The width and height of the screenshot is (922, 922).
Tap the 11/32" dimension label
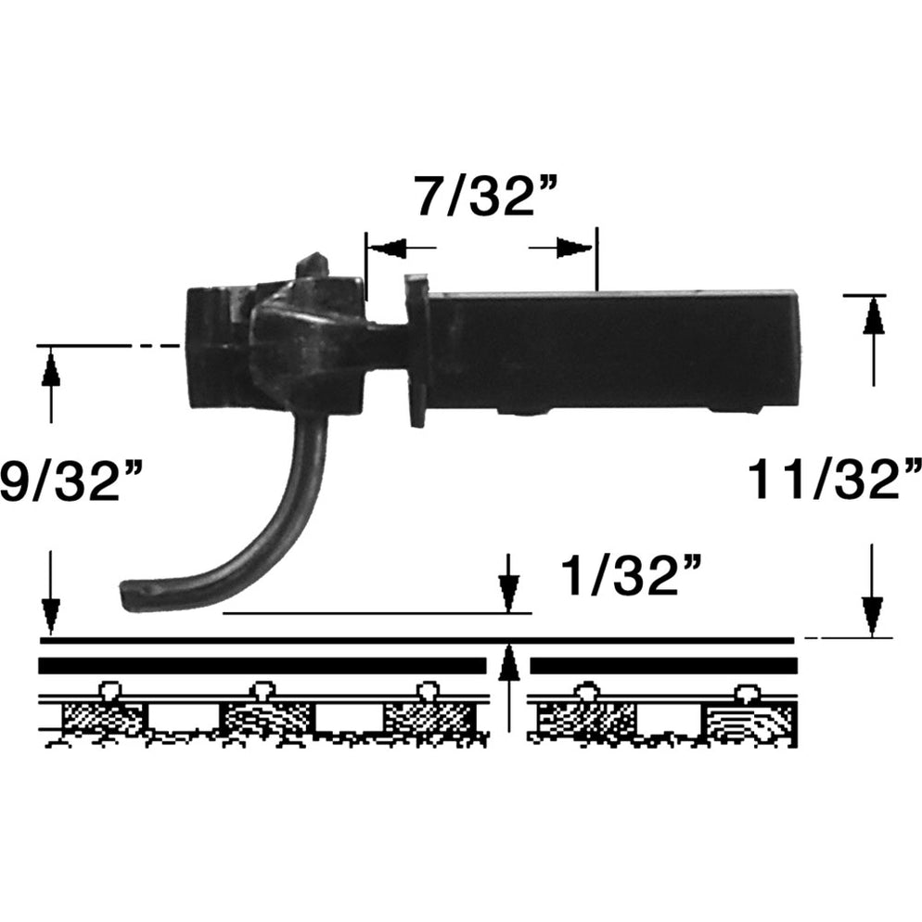(x=834, y=480)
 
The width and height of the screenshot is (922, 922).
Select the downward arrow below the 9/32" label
(x=51, y=613)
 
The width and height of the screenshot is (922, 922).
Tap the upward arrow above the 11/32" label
(x=871, y=316)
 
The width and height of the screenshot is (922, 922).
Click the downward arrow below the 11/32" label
(x=871, y=613)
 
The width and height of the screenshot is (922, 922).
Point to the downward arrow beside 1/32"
(x=507, y=588)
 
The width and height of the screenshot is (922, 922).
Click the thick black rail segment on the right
(x=663, y=666)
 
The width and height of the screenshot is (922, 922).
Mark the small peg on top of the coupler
(x=313, y=265)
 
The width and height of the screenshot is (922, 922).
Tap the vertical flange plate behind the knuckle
(x=416, y=349)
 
